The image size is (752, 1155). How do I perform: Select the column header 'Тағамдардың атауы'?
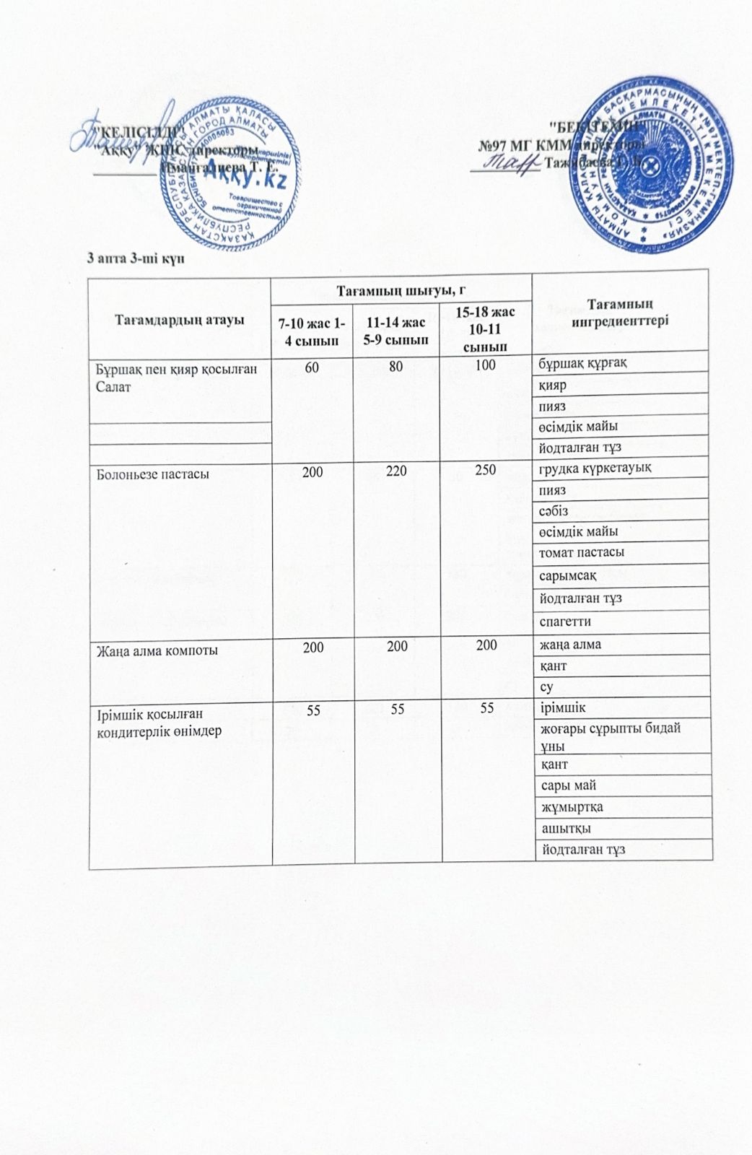[x=180, y=319]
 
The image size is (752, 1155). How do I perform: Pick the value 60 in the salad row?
[x=312, y=366]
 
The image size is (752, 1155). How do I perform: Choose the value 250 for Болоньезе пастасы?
[x=485, y=468]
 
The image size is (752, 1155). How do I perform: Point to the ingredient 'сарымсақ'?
[x=568, y=575]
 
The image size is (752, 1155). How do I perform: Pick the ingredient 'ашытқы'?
[x=562, y=828]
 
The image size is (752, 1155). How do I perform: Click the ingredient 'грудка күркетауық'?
[x=596, y=468]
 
